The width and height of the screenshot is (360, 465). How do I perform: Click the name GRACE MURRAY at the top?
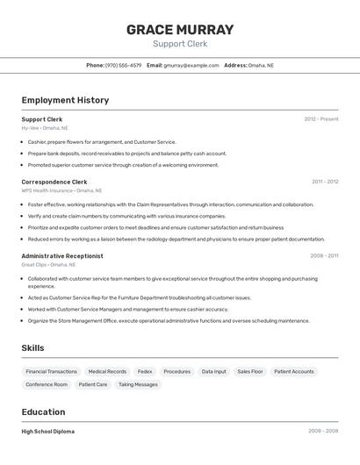pos(180,29)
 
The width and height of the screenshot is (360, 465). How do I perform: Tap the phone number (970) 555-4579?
pos(123,65)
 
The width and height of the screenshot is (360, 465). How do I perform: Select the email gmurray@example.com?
pos(191,65)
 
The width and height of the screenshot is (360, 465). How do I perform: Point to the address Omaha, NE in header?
pos(261,65)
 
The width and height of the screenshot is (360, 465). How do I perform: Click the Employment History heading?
pos(65,100)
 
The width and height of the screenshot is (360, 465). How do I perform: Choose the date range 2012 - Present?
pos(320,119)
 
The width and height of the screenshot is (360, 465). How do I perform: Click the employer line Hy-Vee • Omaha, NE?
pos(45,128)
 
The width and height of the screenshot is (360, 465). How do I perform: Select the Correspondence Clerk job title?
pos(54,182)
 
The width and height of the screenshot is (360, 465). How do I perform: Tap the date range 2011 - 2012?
pos(324,182)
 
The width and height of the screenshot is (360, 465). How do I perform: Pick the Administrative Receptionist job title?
pos(62,256)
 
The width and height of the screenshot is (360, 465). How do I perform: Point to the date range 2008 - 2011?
pos(324,256)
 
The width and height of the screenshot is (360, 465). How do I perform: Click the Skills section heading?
pos(33,348)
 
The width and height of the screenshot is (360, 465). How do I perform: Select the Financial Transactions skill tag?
pos(52,371)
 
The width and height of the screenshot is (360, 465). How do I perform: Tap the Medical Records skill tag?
pos(107,371)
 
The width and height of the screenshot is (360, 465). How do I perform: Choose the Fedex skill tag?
pos(145,371)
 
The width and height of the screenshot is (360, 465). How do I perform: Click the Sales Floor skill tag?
pos(250,371)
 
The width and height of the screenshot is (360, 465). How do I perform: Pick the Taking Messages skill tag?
pos(138,384)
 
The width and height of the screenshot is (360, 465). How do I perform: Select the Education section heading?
pos(43,411)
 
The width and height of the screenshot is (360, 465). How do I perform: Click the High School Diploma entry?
pos(48,432)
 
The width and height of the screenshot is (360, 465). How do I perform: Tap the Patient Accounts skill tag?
pos(293,371)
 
